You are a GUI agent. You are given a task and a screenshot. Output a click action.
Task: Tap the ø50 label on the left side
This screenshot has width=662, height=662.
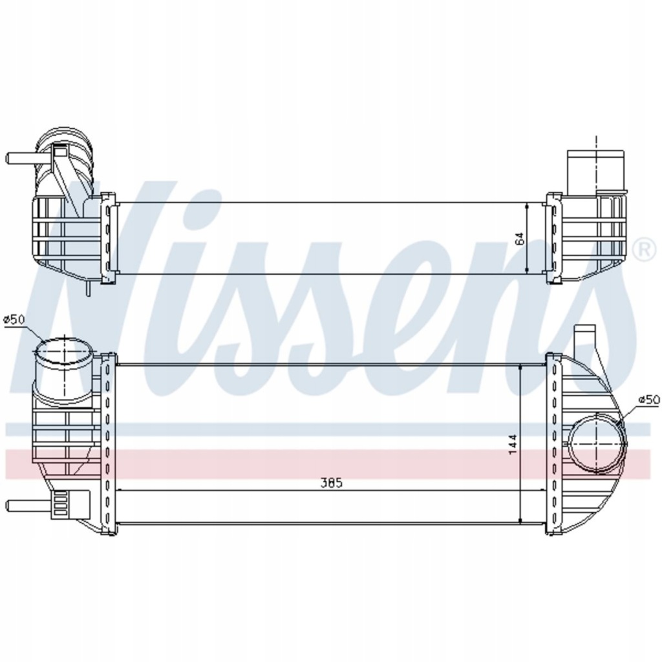point(14,319)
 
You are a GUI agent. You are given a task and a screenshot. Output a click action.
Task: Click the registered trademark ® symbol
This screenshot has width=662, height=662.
point(643,250)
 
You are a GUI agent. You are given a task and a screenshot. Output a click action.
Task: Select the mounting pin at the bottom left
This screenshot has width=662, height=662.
point(19,504)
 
